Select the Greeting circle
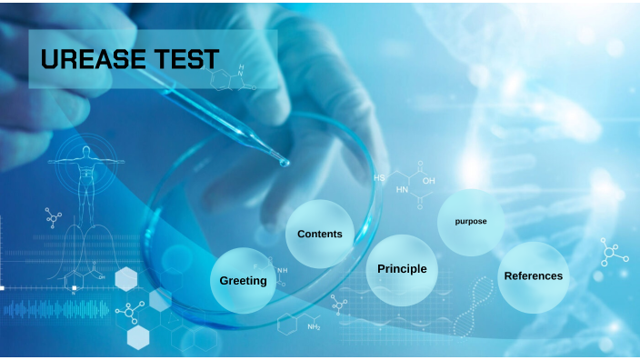point(244,280)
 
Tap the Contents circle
point(320,234)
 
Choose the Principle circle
point(402,269)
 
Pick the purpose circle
point(471,221)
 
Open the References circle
point(534,275)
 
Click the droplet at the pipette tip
point(285,162)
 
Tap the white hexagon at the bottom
point(138,337)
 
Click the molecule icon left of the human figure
point(54,217)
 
